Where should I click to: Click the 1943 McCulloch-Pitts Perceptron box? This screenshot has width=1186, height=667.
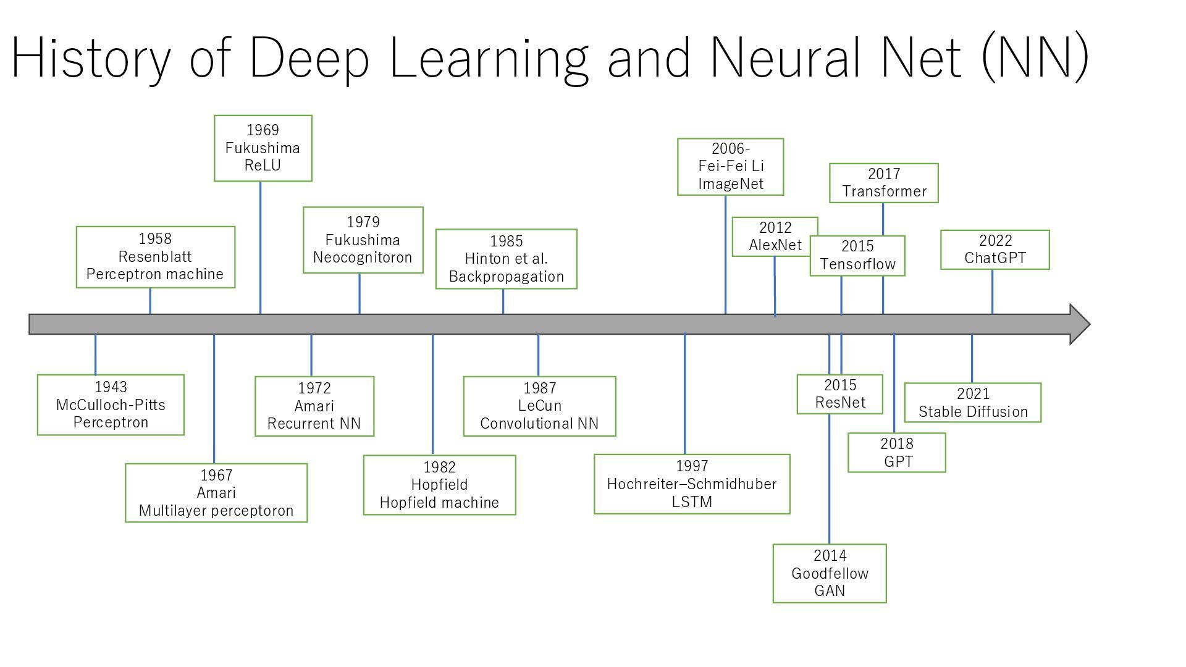[111, 405]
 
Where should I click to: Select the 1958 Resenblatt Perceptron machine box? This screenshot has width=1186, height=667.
[156, 257]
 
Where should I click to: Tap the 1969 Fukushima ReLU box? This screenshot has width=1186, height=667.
[263, 148]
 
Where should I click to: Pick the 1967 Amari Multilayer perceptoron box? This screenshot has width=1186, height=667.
[216, 493]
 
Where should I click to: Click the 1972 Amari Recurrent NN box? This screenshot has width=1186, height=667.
[314, 406]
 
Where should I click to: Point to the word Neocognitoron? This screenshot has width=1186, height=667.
[363, 258]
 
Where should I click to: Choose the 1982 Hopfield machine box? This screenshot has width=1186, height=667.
[439, 485]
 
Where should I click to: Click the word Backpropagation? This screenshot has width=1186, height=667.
[507, 276]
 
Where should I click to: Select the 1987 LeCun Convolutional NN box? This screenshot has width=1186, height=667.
[540, 406]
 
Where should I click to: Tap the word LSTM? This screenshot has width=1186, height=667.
[692, 501]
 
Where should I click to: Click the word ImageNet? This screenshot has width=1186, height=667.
[731, 183]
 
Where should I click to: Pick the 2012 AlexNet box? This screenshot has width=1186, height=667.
[775, 237]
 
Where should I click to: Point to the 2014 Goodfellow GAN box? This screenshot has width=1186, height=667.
[830, 573]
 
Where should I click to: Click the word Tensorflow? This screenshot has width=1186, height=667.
[858, 264]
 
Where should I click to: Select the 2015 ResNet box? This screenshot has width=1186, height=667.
[840, 394]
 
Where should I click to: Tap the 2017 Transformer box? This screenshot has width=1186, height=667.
[884, 183]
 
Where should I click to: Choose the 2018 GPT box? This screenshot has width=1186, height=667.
[897, 453]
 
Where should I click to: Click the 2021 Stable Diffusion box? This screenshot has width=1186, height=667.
[973, 403]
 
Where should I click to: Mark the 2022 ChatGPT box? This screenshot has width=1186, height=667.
[995, 250]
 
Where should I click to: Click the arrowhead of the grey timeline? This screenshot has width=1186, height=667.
[1080, 324]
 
